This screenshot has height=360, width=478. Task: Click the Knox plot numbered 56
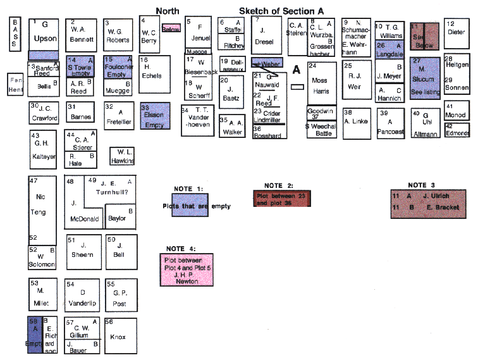tap(120, 337)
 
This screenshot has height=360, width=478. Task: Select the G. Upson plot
tap(44, 34)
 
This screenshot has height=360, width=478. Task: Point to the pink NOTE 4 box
tap(186, 270)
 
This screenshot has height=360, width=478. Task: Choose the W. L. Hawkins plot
tap(123, 156)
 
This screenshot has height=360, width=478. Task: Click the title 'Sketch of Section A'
tap(286, 11)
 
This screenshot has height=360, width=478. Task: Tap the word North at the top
tap(168, 11)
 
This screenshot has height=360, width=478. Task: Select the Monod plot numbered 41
tap(457, 111)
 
